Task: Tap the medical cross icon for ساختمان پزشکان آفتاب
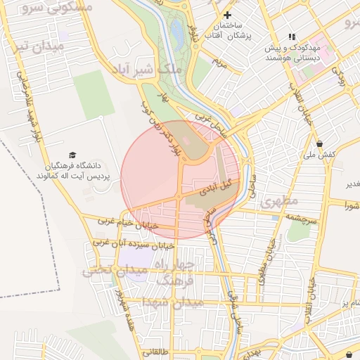pos(227,15)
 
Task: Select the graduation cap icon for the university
pos(72,155)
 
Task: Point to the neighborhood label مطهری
pos(279,202)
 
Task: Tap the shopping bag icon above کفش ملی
pos(319,143)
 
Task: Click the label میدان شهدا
pos(172,302)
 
